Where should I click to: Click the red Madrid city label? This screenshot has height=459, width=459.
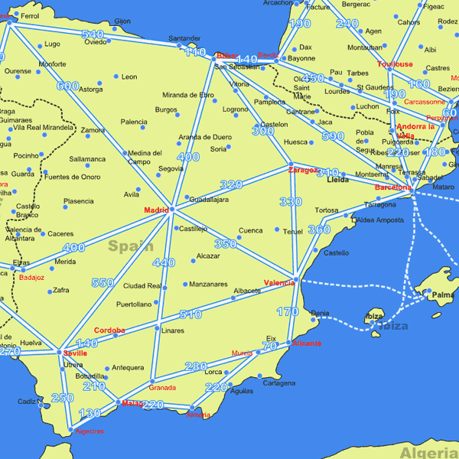coord(155,210)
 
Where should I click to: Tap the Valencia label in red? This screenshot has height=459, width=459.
coord(279,282)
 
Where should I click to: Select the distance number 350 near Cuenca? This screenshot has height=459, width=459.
coord(225,244)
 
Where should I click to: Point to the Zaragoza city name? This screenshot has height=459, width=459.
coord(303,170)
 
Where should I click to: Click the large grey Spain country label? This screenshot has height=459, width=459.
coord(130,246)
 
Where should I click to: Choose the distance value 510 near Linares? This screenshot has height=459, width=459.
coord(190,314)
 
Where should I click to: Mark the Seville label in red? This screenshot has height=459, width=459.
coord(75,353)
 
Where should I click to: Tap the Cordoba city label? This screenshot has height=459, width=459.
coord(109,330)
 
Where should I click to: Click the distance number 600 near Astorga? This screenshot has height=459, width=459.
coord(67,86)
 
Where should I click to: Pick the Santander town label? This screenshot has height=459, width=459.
coord(184,37)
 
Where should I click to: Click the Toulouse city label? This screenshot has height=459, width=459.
coord(395,64)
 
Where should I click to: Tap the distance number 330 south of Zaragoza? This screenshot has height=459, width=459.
coord(291,202)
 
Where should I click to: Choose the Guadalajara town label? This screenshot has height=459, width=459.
coord(209,199)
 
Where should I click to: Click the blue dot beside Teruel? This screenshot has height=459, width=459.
coord(277,229)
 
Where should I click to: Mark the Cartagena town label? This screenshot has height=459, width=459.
coord(278,382)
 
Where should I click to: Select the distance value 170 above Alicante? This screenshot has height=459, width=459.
coord(288,311)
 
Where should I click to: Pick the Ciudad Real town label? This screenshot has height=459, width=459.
coord(142,286)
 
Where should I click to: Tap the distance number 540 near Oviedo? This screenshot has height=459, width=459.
coord(92,34)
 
